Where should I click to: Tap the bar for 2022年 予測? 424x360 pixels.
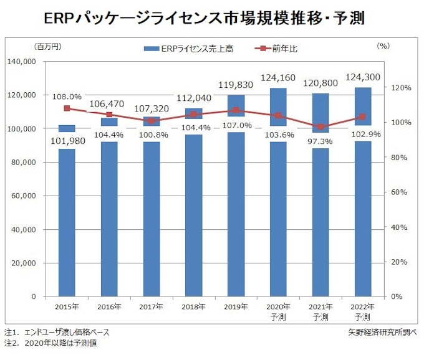tap(363, 212)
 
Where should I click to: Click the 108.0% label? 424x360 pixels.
tap(67, 97)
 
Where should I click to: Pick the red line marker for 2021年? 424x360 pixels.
tap(320, 126)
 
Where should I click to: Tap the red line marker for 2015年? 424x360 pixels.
tap(67, 108)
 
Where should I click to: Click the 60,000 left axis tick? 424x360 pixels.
tap(26, 196)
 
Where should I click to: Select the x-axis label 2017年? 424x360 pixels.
tap(151, 306)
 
